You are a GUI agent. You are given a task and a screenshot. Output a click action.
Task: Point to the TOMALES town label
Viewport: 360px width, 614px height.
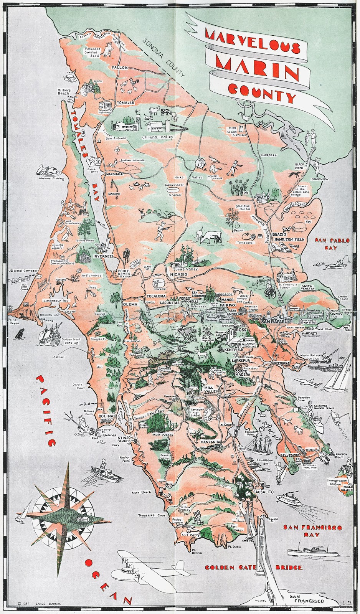(x=126, y=103)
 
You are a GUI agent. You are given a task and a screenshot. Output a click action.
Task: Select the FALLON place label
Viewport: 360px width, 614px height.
(x=119, y=67)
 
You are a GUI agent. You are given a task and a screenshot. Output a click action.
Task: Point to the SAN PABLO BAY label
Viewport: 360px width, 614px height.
(x=332, y=244)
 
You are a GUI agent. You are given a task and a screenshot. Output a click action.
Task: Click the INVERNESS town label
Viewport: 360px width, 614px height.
(x=103, y=256)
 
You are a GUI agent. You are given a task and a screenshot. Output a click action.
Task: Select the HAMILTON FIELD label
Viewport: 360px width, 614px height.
(x=289, y=239)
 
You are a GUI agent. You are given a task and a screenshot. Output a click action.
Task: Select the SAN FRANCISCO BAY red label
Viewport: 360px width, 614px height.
(x=312, y=531)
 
